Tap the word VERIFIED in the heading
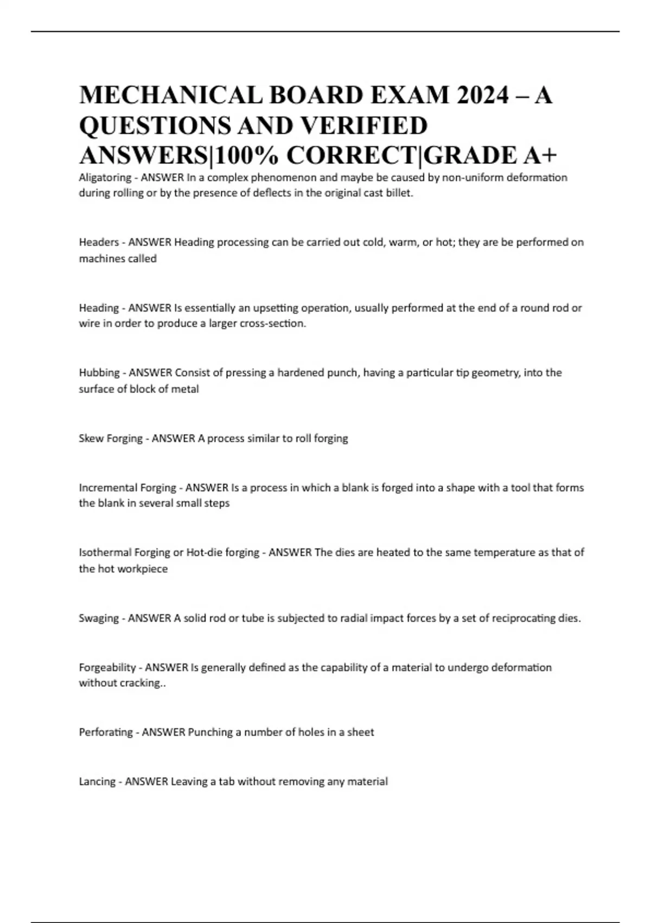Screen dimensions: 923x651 coord(364,125)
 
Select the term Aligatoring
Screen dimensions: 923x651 coord(105,178)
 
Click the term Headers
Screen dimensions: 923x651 coord(99,242)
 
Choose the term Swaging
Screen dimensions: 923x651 coord(99,618)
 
